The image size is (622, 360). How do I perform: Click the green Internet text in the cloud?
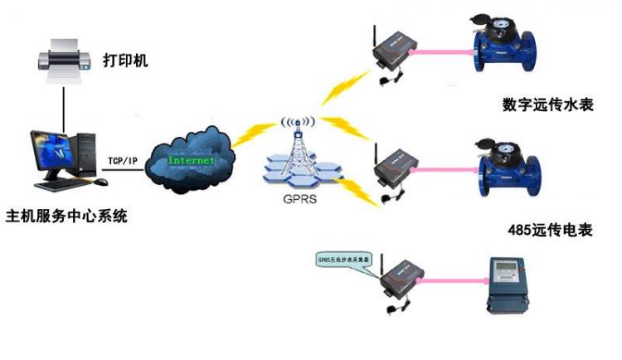click(x=192, y=158)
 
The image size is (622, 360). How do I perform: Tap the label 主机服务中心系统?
click(x=67, y=217)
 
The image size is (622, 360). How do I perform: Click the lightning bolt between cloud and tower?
click(x=249, y=134)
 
